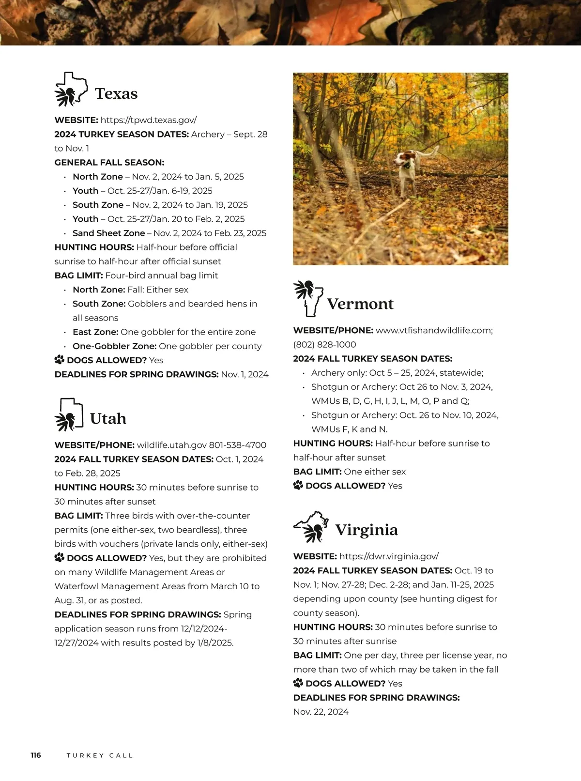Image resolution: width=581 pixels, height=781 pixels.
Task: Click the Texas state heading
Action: pos(116,93)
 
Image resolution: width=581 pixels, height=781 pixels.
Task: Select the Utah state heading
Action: pos(108,418)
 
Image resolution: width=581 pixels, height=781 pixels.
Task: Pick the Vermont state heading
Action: pos(360,304)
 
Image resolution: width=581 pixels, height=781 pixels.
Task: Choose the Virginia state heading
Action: pos(367,530)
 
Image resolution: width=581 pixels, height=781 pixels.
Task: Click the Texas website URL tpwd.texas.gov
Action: pos(149,120)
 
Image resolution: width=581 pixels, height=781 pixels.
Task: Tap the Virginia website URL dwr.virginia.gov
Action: pos(389,556)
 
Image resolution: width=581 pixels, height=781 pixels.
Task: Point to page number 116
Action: pos(36,755)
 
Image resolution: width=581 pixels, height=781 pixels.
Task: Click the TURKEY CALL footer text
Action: pos(100,755)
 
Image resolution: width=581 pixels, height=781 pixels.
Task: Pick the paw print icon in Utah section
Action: pos(60,558)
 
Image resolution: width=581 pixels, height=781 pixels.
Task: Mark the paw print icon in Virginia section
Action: pos(298,683)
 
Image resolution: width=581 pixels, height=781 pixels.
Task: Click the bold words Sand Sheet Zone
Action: pos(108,233)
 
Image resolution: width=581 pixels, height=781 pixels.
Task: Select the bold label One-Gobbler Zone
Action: pos(114,346)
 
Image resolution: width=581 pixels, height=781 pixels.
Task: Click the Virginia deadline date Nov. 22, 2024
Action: pos(321,712)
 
